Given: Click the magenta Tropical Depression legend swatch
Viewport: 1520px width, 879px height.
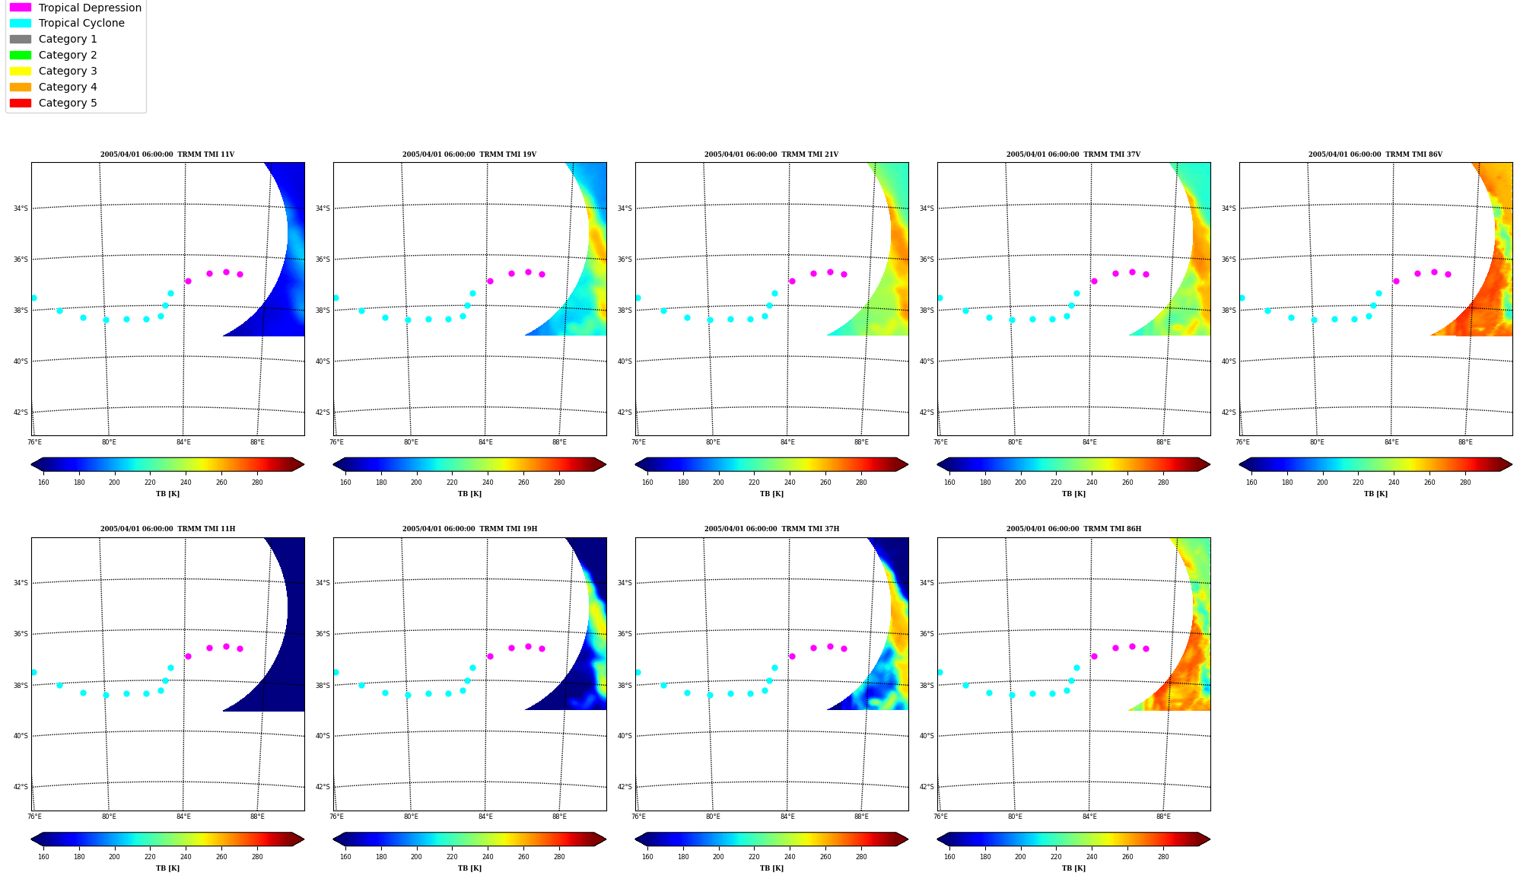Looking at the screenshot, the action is pos(21,8).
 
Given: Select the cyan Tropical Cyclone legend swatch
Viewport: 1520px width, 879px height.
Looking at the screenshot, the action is pos(21,23).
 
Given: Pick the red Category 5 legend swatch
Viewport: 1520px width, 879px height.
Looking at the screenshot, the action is pos(21,103).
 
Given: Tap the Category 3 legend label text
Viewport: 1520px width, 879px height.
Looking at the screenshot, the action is pos(68,71).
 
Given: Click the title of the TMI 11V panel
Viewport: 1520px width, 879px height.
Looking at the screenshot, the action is pos(167,154).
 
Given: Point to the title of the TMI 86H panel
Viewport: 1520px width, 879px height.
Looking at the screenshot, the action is pos(1073,529).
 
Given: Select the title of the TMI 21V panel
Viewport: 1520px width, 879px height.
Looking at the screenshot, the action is pos(771,154).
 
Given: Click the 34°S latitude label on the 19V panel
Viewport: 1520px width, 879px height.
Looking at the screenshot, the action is pos(323,209).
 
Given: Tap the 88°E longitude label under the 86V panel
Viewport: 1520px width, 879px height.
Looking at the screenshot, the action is pos(1465,442).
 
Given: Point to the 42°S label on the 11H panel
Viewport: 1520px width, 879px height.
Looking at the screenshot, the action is pos(21,787).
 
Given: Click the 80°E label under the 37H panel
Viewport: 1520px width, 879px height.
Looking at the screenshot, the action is pos(713,817).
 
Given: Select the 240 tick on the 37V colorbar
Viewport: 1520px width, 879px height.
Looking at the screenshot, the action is pos(1092,482).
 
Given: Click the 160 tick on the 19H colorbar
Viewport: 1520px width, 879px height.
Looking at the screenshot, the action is pos(345,857).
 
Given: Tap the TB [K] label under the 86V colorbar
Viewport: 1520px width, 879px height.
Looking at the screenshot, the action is pos(1375,494).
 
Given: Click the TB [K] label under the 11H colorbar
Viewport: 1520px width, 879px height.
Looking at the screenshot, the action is pos(167,868).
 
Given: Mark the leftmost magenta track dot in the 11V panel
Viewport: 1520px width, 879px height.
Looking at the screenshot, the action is pos(188,281).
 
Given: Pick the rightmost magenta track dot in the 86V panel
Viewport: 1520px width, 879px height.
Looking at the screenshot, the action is pos(1448,274).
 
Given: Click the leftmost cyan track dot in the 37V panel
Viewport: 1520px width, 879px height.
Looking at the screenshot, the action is pos(940,298).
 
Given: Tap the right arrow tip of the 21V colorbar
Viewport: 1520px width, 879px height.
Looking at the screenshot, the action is pos(908,464).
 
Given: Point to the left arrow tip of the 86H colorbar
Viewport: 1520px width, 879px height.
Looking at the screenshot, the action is pos(937,839).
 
